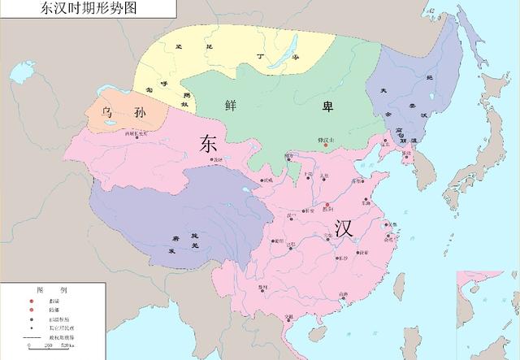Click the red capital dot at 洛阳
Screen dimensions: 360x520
327,206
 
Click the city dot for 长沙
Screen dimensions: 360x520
338,258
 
